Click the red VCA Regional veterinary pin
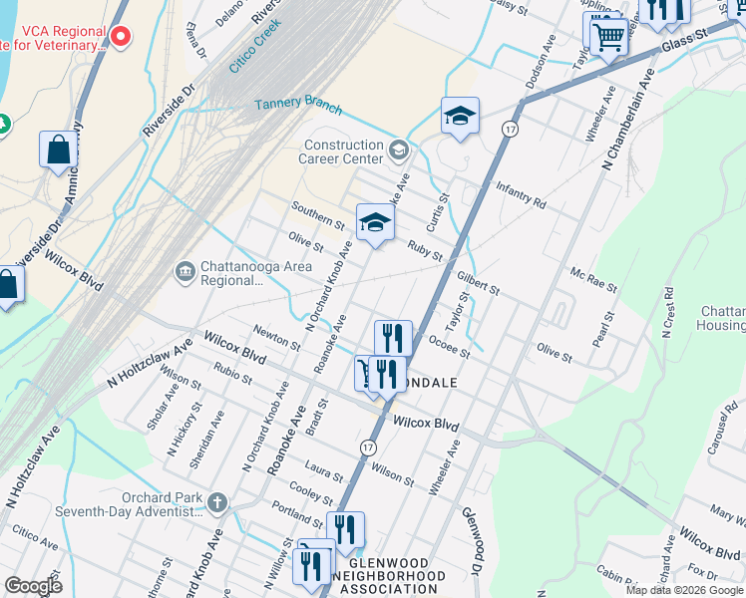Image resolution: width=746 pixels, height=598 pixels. [x=121, y=38]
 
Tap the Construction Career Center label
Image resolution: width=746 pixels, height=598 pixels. [x=344, y=151]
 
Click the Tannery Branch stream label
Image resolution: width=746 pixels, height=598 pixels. [x=298, y=107]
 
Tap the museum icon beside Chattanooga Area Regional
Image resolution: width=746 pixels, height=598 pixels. [x=185, y=271]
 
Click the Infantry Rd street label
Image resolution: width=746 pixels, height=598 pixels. [x=521, y=196]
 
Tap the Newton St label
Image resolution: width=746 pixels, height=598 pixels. [x=276, y=337]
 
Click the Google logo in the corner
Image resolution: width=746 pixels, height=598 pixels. [x=33, y=585]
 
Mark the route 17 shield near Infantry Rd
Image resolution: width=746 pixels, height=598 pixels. [x=510, y=131]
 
